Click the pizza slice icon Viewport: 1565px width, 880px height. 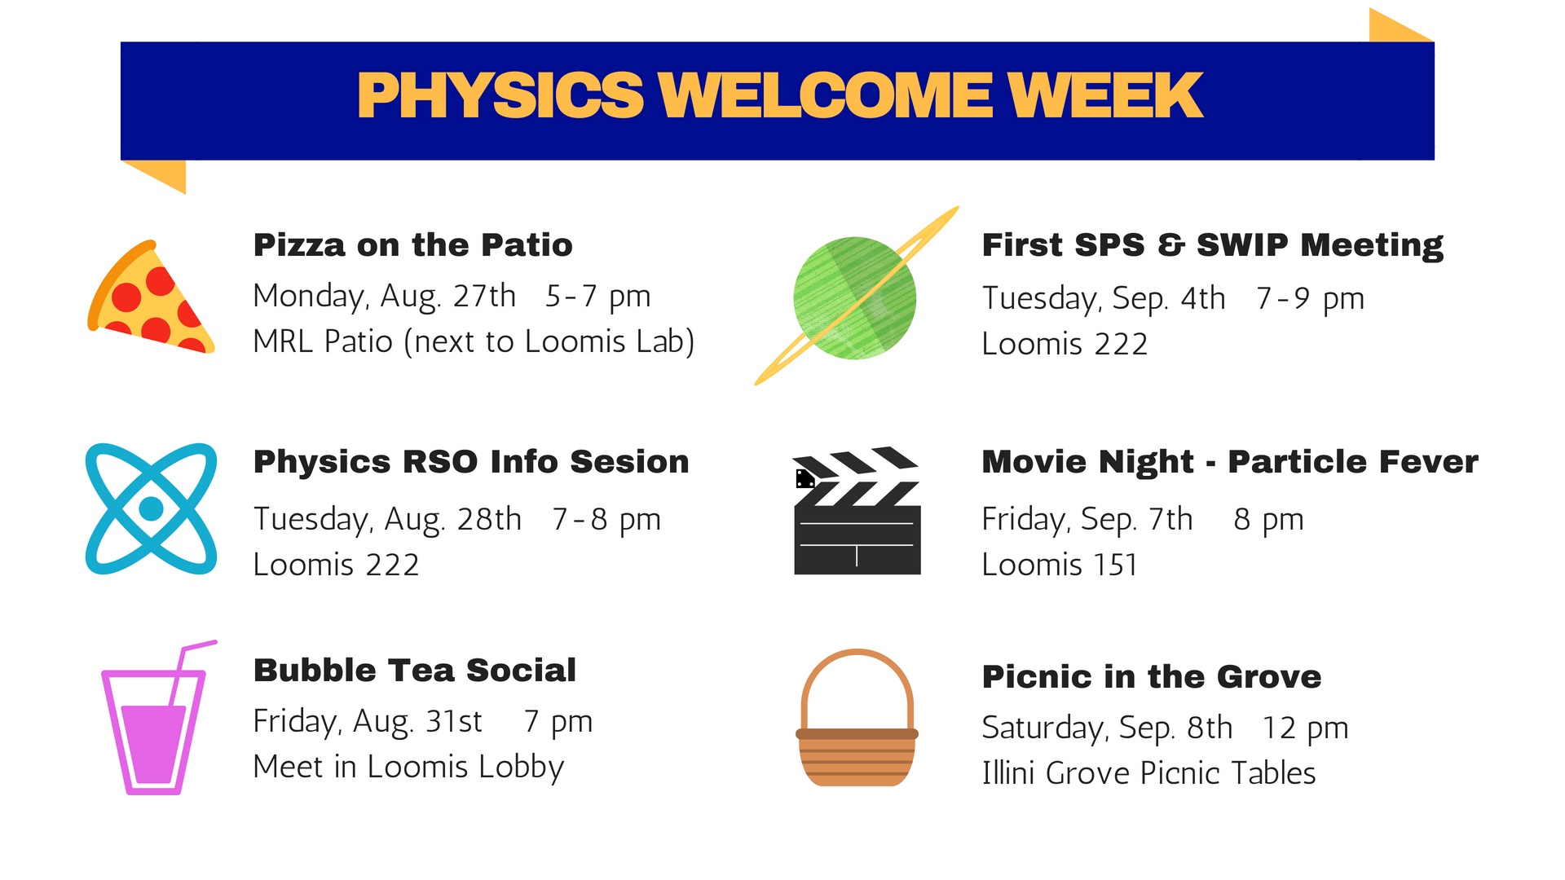[151, 300]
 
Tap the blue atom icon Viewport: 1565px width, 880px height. [152, 508]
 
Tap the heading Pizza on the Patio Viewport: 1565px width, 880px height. [412, 245]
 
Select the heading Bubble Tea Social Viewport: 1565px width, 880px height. [414, 671]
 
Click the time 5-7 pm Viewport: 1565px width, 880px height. [597, 297]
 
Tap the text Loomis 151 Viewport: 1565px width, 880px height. [1059, 565]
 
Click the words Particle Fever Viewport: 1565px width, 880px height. [1352, 462]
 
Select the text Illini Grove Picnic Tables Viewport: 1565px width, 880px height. [1148, 773]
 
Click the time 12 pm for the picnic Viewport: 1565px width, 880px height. [1305, 728]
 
